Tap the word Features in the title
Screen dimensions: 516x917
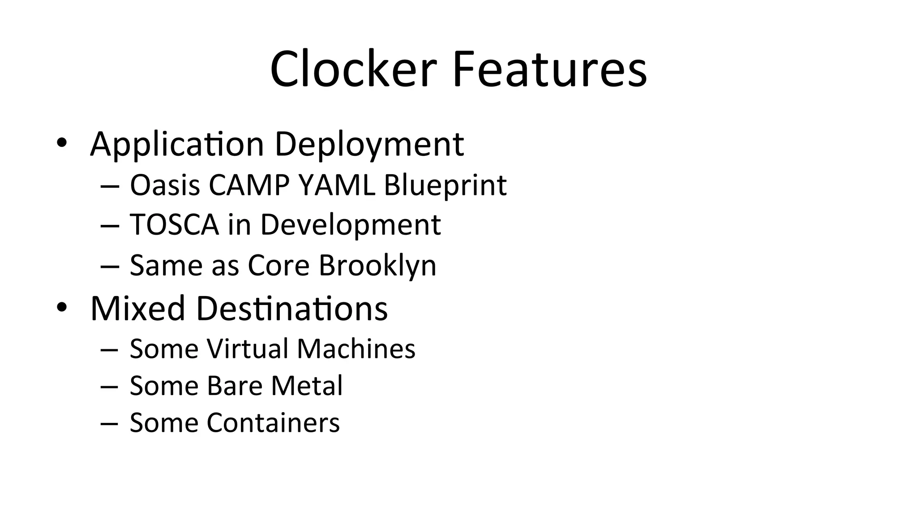[549, 69]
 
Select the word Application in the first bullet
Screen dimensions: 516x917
[177, 144]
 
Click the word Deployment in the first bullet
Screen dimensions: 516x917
[369, 144]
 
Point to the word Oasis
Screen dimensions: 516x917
[164, 185]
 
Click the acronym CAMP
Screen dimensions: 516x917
[249, 185]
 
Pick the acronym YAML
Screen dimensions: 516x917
[336, 185]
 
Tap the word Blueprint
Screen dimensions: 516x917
[445, 185]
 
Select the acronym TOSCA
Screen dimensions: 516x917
[174, 224]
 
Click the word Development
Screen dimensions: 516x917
[351, 224]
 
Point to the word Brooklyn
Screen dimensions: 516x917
[377, 265]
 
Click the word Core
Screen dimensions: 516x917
[278, 265]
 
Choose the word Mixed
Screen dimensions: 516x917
[137, 309]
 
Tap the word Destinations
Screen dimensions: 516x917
[291, 309]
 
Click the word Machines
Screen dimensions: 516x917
[356, 348]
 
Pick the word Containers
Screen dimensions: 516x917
[273, 422]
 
